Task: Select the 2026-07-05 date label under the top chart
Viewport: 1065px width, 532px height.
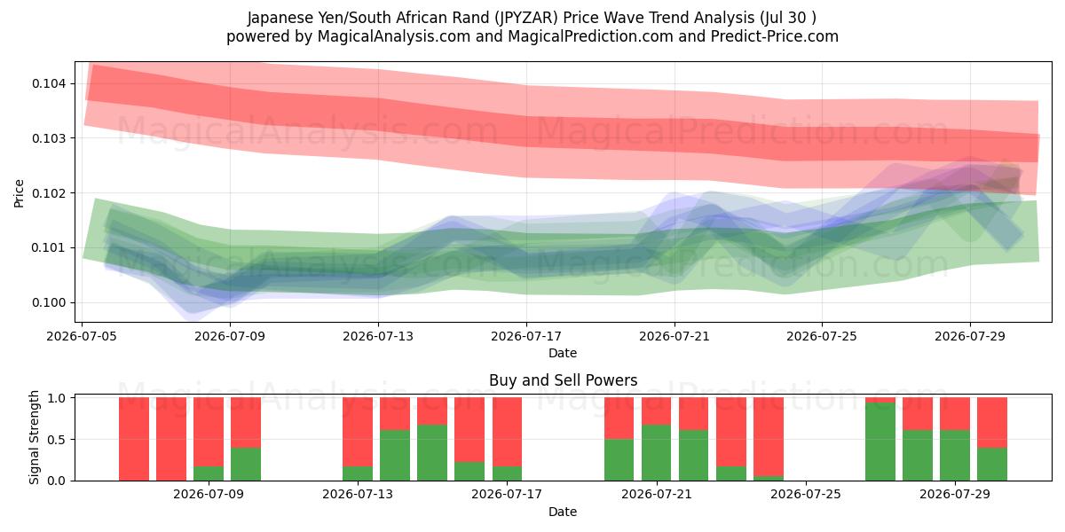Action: click(82, 336)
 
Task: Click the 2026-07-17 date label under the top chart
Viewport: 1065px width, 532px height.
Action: click(526, 336)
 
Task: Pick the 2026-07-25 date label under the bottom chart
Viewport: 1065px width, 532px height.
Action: click(806, 495)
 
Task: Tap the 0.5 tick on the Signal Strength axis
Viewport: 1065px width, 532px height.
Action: click(57, 440)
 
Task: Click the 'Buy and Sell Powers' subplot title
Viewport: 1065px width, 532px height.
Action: click(563, 380)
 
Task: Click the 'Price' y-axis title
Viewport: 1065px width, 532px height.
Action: click(19, 193)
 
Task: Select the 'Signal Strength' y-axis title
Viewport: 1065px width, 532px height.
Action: click(34, 437)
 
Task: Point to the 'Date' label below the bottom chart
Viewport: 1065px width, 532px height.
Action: click(563, 512)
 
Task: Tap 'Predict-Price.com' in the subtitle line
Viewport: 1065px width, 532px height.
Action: click(775, 36)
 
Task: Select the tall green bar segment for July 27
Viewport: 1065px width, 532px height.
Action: click(880, 442)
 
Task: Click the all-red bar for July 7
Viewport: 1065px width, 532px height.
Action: click(171, 439)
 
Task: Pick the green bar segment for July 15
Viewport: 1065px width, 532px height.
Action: click(432, 453)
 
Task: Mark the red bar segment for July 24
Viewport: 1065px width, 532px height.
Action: click(769, 437)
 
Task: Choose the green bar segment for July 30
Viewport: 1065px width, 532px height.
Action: click(992, 464)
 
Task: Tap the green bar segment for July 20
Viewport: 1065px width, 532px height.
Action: click(619, 460)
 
